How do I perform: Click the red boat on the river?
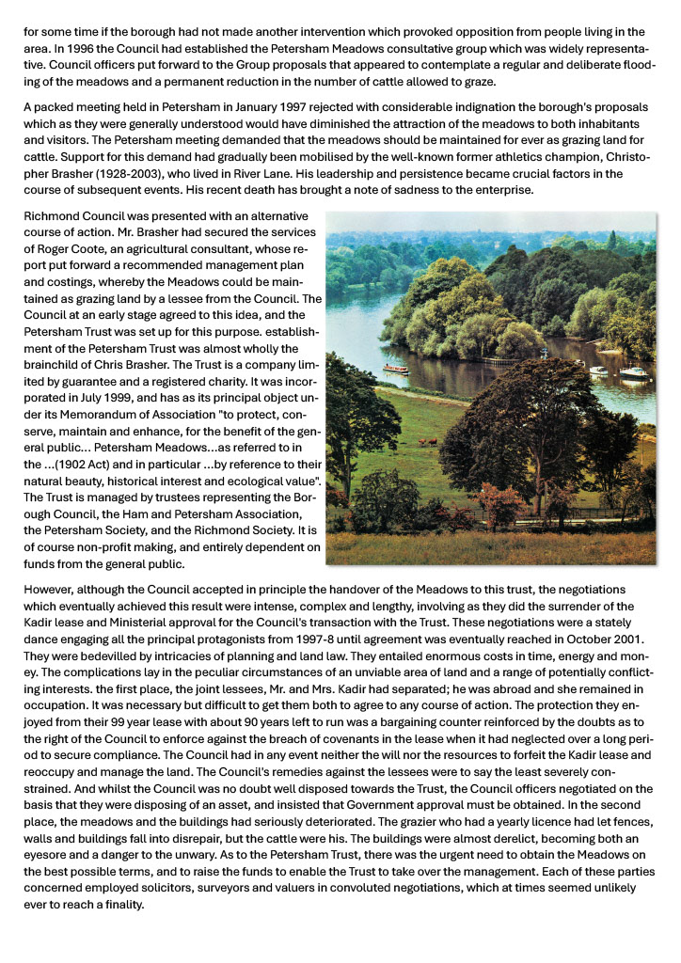click(x=396, y=369)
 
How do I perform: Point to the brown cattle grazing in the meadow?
click(x=428, y=440)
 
